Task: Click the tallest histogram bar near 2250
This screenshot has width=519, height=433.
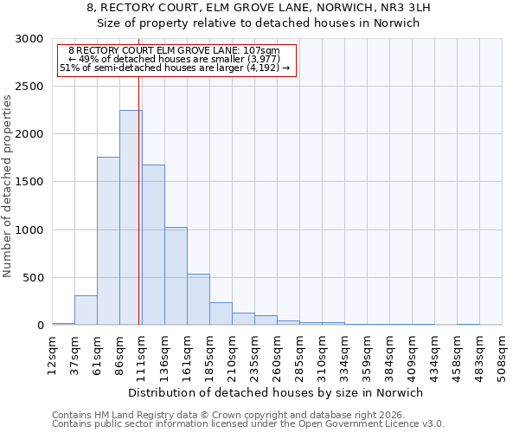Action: [131, 217]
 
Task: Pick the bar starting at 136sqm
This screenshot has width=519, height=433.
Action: [176, 276]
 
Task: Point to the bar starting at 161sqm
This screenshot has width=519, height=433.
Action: [198, 300]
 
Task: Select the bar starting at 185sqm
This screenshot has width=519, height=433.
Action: [221, 313]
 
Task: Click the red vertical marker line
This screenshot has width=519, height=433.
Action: [138, 199]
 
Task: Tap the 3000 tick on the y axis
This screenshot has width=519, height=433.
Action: [31, 39]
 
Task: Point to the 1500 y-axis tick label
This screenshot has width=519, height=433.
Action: [31, 182]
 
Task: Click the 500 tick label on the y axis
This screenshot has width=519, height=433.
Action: [35, 278]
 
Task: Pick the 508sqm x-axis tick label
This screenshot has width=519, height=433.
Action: [503, 353]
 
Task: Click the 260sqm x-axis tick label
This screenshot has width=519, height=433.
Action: [278, 353]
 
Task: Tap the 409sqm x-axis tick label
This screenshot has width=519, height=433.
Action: [413, 353]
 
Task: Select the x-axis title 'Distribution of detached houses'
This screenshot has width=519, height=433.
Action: [276, 392]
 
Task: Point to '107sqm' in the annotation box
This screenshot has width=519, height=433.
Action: [261, 51]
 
